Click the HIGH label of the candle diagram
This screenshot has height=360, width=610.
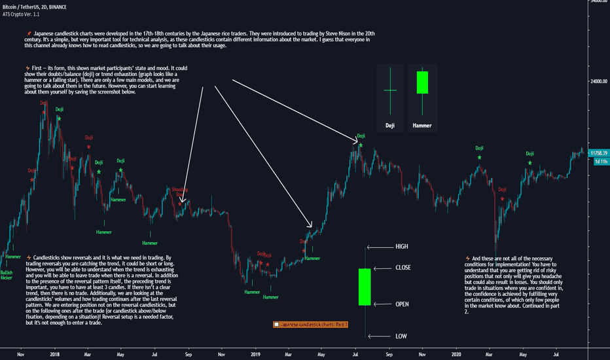click(x=401, y=247)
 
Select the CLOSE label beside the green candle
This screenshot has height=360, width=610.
click(x=403, y=268)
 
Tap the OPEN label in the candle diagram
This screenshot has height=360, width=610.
click(x=403, y=304)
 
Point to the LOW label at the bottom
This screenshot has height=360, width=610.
click(x=401, y=336)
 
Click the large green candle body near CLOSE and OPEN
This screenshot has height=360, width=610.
click(x=365, y=286)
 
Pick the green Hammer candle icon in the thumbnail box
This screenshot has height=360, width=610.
click(x=422, y=82)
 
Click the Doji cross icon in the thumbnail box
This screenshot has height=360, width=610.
click(x=390, y=90)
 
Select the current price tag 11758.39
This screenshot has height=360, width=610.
click(x=598, y=153)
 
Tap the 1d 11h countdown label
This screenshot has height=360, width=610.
click(x=598, y=161)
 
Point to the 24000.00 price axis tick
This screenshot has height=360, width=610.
click(x=598, y=82)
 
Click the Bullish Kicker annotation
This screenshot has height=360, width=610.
click(x=7, y=275)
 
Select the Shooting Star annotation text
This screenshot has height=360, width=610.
click(x=179, y=191)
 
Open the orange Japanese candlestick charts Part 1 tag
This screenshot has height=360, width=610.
click(x=310, y=324)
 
